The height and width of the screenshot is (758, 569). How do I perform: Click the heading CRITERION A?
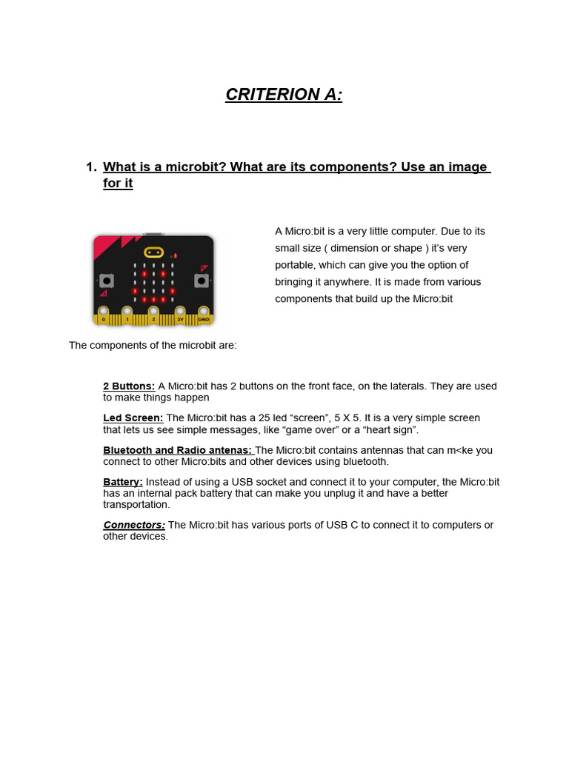click(284, 95)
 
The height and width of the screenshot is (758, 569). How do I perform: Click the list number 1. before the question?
click(92, 167)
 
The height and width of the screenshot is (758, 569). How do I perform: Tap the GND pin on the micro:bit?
click(204, 315)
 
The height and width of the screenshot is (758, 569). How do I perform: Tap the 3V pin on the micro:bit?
click(180, 315)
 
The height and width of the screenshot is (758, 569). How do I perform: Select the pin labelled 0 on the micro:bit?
click(104, 315)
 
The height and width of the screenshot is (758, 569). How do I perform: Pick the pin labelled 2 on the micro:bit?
click(153, 315)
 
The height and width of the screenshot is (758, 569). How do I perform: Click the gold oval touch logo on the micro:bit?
click(153, 252)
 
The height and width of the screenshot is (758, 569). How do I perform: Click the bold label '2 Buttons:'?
click(129, 386)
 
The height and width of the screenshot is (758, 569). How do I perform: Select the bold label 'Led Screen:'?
click(133, 418)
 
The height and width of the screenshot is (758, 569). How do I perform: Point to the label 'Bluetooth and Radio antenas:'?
click(177, 450)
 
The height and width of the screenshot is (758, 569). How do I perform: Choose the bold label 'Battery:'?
click(123, 482)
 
